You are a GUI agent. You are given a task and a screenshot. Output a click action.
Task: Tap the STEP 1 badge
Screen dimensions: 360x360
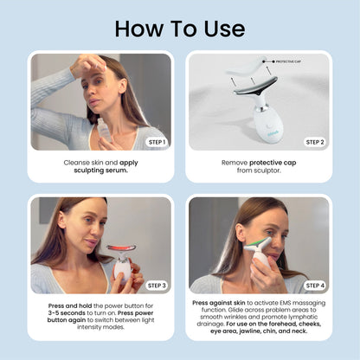coord(156,141)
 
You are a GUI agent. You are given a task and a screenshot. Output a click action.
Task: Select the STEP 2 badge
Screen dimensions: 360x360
coord(314,141)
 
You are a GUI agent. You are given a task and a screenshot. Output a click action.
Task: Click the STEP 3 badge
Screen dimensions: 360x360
coord(156,285)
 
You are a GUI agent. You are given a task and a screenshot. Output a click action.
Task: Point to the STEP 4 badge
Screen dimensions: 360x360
coord(314,285)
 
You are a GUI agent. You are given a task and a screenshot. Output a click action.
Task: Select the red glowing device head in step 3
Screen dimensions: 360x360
coord(120,247)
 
